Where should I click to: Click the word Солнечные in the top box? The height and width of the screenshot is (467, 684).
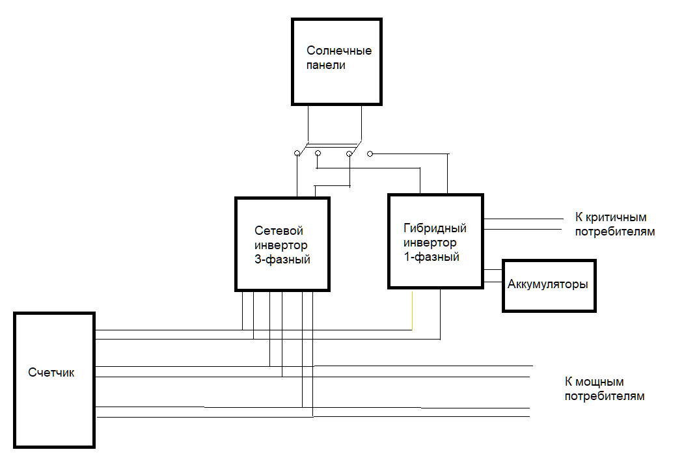339,51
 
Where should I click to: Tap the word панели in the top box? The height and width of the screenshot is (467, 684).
326,65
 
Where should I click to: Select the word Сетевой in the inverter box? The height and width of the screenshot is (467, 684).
279,231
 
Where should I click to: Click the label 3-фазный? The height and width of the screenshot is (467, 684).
282,260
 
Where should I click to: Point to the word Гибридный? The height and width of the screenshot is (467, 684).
435,228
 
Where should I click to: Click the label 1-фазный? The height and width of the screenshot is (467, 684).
431,257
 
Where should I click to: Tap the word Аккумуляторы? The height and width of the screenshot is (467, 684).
548,284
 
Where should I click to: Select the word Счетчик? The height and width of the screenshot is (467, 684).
51,373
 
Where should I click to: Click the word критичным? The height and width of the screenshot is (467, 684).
616,217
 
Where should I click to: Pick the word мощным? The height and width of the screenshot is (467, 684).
600,382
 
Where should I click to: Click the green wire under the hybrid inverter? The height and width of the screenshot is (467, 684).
412,311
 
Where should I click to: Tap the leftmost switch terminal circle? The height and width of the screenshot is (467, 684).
297,153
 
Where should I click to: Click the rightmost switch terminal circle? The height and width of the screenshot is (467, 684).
370,153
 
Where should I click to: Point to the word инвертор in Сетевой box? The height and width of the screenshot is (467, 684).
281,245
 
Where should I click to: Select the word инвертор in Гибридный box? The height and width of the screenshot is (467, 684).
430,243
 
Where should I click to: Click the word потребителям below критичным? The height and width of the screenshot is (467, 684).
615,232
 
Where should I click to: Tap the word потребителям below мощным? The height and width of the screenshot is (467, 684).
605,396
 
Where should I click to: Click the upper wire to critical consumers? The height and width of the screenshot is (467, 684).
523,219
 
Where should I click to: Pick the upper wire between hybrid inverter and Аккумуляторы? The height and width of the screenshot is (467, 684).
493,270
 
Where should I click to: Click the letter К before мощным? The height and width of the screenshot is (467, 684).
568,382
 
